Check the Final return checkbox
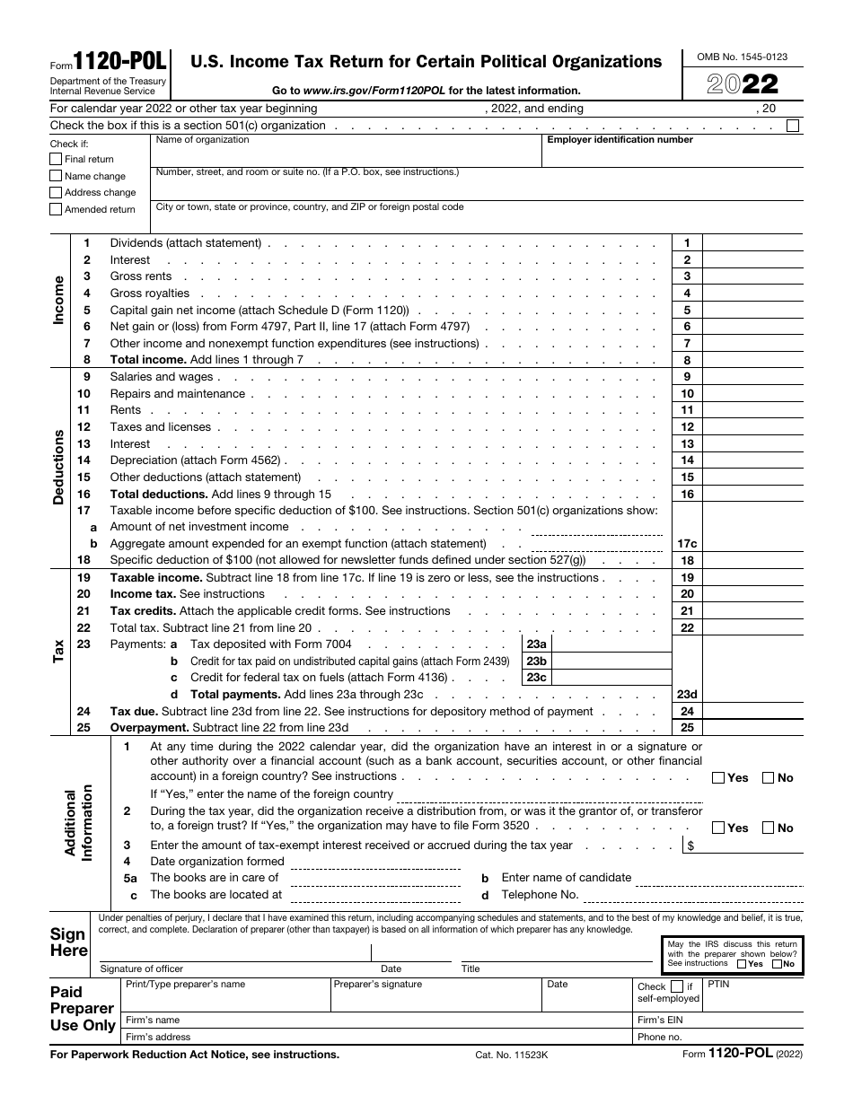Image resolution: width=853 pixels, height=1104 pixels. click(x=57, y=159)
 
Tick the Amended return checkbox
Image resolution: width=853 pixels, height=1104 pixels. click(x=57, y=209)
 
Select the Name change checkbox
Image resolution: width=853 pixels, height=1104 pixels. click(x=57, y=176)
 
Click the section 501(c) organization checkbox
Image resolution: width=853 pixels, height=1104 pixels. click(x=792, y=126)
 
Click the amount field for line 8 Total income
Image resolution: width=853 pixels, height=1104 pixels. click(x=752, y=360)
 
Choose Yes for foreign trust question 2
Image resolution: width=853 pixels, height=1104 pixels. click(x=718, y=828)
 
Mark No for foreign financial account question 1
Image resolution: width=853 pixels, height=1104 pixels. click(x=769, y=778)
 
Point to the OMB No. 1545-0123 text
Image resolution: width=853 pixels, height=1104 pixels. click(x=742, y=57)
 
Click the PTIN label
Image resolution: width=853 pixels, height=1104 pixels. click(x=719, y=985)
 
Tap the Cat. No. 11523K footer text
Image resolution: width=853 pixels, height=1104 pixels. click(x=511, y=1056)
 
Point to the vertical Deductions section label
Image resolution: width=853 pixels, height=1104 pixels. click(x=59, y=468)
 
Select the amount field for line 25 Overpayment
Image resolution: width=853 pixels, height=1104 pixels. click(x=752, y=728)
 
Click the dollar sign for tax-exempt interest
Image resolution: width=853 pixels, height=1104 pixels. click(x=690, y=846)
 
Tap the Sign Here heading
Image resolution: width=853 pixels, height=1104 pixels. click(x=69, y=942)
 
